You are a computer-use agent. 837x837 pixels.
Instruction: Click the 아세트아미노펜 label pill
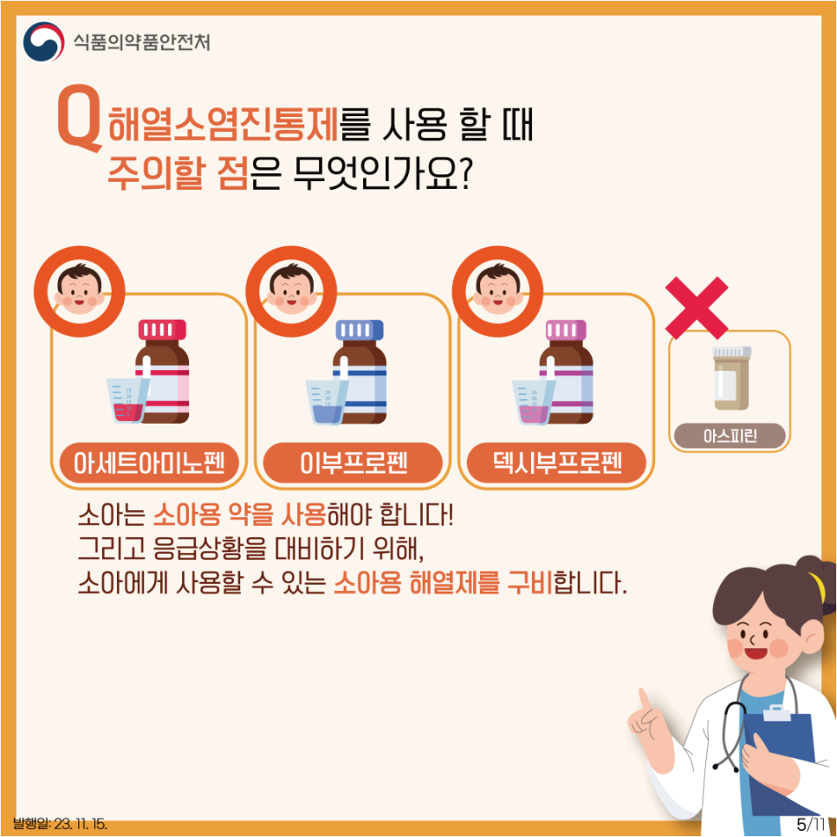[x=149, y=463]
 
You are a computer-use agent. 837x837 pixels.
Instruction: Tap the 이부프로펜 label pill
[x=353, y=463]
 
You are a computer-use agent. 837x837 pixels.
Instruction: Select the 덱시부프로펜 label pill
[x=556, y=463]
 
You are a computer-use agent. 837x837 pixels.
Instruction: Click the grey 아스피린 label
[x=730, y=436]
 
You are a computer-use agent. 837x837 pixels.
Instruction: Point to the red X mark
[x=697, y=308]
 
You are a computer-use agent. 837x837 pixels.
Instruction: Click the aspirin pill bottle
[x=732, y=378]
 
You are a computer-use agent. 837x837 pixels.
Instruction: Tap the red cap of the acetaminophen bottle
[x=162, y=329]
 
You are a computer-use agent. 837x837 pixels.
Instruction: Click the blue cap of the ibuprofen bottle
[x=360, y=329]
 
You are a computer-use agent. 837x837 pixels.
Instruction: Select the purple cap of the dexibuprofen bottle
[x=566, y=329]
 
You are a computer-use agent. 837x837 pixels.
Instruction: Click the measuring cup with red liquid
[x=126, y=400]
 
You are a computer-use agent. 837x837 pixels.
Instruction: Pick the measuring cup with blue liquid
[x=326, y=402]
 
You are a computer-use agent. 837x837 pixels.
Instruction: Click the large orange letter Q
[x=79, y=117]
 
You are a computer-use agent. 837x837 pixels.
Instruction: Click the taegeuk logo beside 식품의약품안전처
[x=44, y=42]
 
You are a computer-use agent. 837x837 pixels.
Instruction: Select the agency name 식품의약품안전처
[x=141, y=42]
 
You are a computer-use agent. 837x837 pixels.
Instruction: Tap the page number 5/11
[x=811, y=824]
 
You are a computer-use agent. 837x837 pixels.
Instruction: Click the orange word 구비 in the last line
[x=529, y=582]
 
